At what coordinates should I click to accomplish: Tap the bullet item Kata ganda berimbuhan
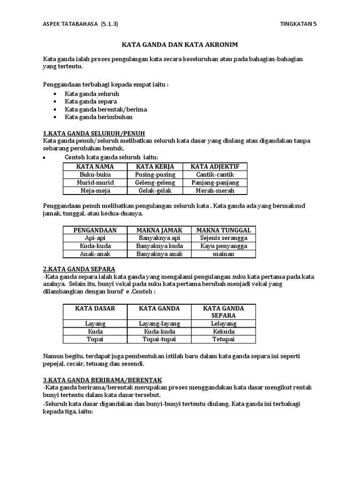98,117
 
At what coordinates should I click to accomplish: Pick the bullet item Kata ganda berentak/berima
106,109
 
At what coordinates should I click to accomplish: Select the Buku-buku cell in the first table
95,174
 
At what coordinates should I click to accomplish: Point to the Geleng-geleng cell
155,182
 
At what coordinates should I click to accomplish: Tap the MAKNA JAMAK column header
159,230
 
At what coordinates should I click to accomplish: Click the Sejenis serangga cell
224,238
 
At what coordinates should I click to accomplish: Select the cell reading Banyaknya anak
159,254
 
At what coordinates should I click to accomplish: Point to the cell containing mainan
224,254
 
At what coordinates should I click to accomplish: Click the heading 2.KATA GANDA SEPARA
79,269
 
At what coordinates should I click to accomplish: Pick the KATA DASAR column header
95,308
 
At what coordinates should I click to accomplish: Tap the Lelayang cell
224,323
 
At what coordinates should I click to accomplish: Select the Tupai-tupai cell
159,339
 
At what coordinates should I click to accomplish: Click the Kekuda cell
224,331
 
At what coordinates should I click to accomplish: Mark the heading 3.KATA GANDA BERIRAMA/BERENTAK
103,379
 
